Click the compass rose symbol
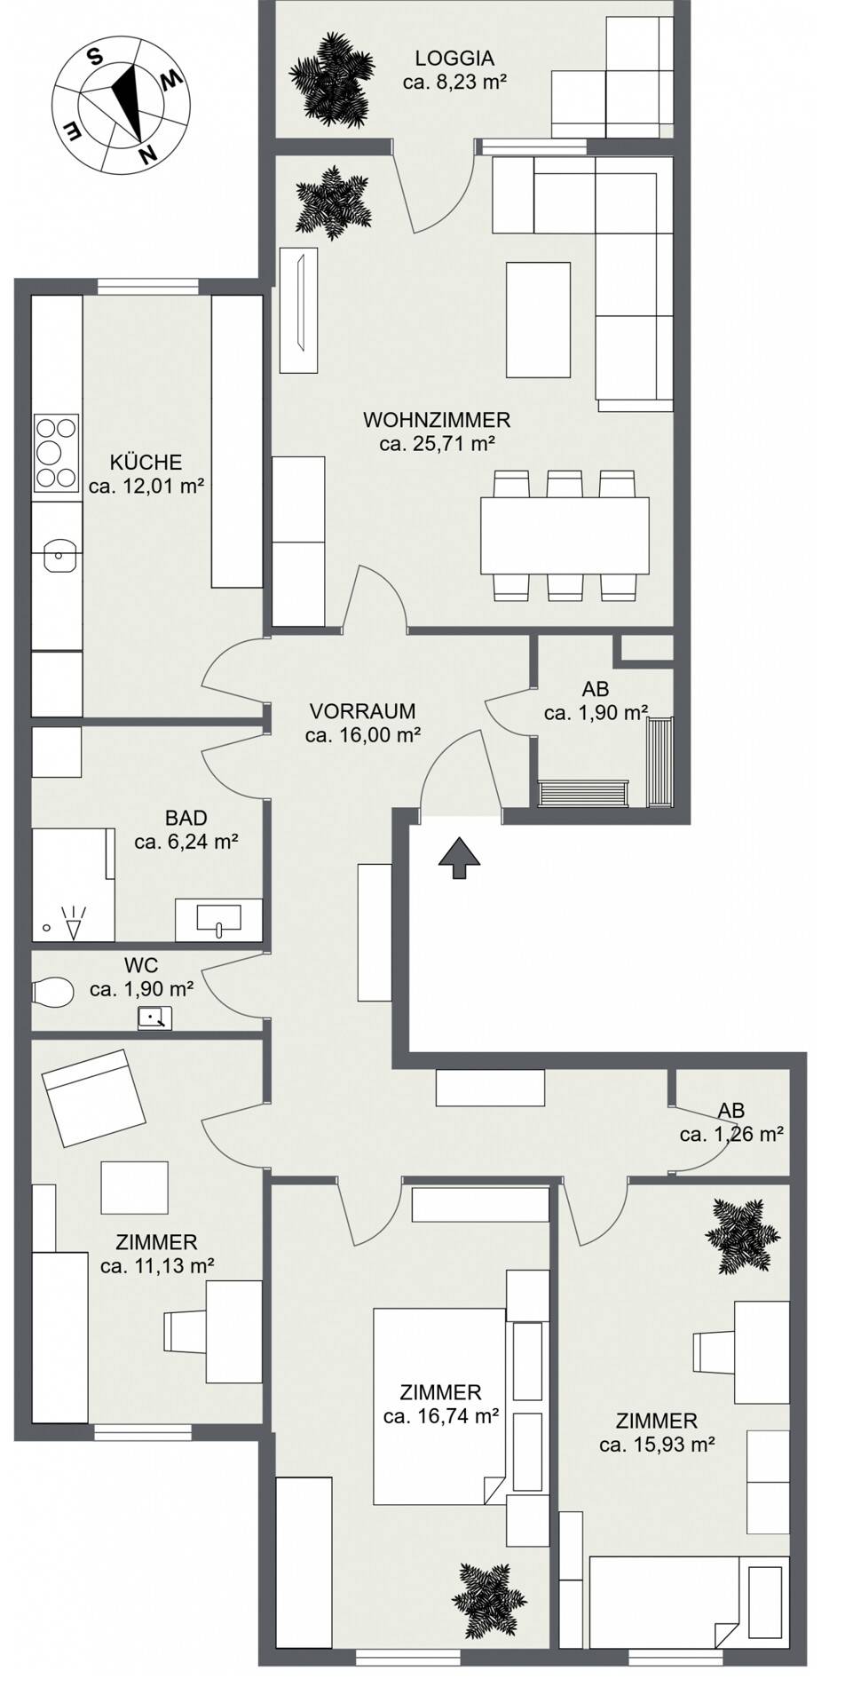coord(119,108)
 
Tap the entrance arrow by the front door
coord(459,858)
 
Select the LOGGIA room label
coord(454,59)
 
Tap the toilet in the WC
coord(52,992)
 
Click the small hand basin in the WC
coord(154,1018)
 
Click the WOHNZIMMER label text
coord(437,420)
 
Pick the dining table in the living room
coord(564,535)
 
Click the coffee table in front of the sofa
coord(538,320)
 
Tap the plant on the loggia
coord(330,77)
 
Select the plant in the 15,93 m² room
coord(743,1236)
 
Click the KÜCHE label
coord(146,463)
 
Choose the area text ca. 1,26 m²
coord(731,1135)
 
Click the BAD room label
coord(186,818)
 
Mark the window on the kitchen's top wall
coord(147,287)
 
